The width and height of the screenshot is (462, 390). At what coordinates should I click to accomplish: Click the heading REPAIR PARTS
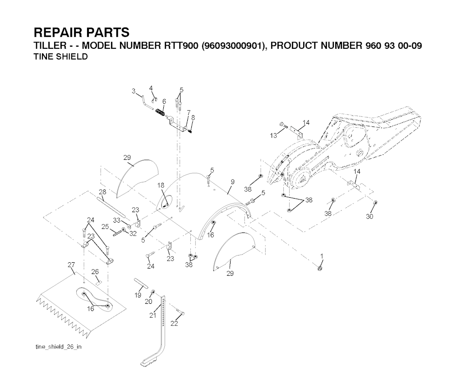[82, 32]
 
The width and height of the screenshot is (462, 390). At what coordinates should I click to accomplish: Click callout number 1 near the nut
[322, 256]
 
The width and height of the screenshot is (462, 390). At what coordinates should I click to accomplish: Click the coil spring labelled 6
[160, 112]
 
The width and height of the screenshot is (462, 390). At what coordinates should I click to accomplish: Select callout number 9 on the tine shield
[232, 182]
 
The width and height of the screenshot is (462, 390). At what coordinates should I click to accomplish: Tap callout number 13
[273, 135]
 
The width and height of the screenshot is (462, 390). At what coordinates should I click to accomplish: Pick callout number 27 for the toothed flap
[71, 265]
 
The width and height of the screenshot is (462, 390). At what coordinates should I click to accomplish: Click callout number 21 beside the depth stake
[152, 316]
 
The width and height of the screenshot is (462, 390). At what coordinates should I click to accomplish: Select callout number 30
[370, 217]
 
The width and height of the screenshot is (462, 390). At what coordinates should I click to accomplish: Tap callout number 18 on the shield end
[161, 186]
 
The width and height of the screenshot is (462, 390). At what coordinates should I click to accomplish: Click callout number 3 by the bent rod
[134, 91]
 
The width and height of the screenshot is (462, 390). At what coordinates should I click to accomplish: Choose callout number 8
[193, 117]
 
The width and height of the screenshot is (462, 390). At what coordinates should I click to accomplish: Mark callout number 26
[95, 271]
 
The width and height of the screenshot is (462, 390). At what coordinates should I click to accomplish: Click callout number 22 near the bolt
[174, 324]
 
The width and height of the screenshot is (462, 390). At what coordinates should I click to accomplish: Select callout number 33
[116, 220]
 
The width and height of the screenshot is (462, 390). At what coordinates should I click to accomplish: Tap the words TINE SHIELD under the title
[61, 57]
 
